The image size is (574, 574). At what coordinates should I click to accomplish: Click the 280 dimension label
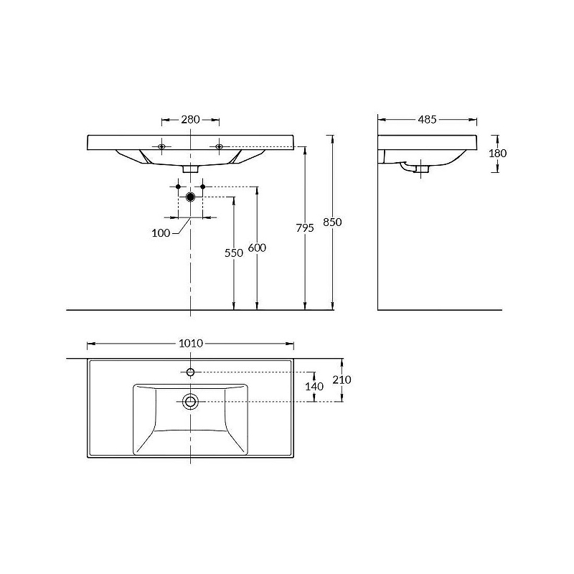[x=190, y=119]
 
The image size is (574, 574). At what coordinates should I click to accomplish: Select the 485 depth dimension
[x=427, y=119]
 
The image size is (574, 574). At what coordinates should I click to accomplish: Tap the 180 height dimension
[x=497, y=153]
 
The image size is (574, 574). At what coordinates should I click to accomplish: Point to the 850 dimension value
[x=332, y=222]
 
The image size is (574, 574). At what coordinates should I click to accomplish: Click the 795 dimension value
[x=305, y=228]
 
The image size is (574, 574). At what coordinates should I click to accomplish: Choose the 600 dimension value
[x=257, y=248]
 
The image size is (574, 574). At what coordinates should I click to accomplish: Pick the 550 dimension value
[x=234, y=253]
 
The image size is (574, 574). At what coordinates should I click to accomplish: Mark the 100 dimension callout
[x=161, y=233]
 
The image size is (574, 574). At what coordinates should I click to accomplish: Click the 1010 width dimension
[x=191, y=344]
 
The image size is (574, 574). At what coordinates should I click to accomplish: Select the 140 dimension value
[x=314, y=386]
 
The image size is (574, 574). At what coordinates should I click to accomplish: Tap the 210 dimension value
[x=342, y=380]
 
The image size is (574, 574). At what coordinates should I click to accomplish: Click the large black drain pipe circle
[x=190, y=197]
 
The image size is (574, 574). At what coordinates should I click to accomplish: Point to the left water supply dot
[x=178, y=187]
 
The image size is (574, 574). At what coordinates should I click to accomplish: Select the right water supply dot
[x=203, y=187]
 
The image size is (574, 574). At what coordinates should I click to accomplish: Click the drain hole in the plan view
[x=190, y=401]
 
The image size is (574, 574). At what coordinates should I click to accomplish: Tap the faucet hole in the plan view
[x=190, y=372]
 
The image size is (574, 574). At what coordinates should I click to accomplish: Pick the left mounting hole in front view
[x=162, y=146]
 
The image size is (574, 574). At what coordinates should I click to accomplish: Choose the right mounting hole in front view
[x=219, y=146]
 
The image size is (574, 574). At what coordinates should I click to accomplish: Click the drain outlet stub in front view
[x=190, y=169]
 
